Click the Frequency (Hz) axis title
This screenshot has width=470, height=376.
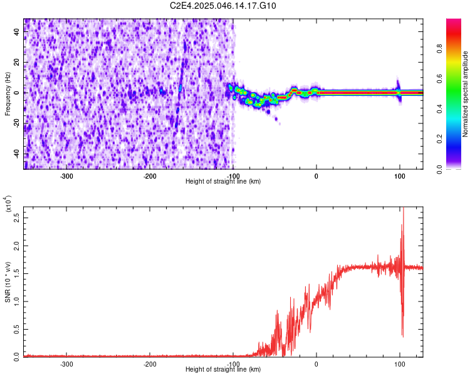[x=8, y=94]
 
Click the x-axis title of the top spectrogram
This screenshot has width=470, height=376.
[x=223, y=181]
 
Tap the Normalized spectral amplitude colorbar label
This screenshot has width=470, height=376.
[x=466, y=94]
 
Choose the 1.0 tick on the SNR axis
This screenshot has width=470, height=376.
[x=17, y=301]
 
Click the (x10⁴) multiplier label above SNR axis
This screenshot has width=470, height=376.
[x=8, y=204]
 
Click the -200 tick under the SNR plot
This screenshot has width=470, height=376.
[x=150, y=363]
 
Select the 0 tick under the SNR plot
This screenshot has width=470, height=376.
[x=316, y=363]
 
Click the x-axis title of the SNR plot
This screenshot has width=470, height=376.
[x=223, y=370]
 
